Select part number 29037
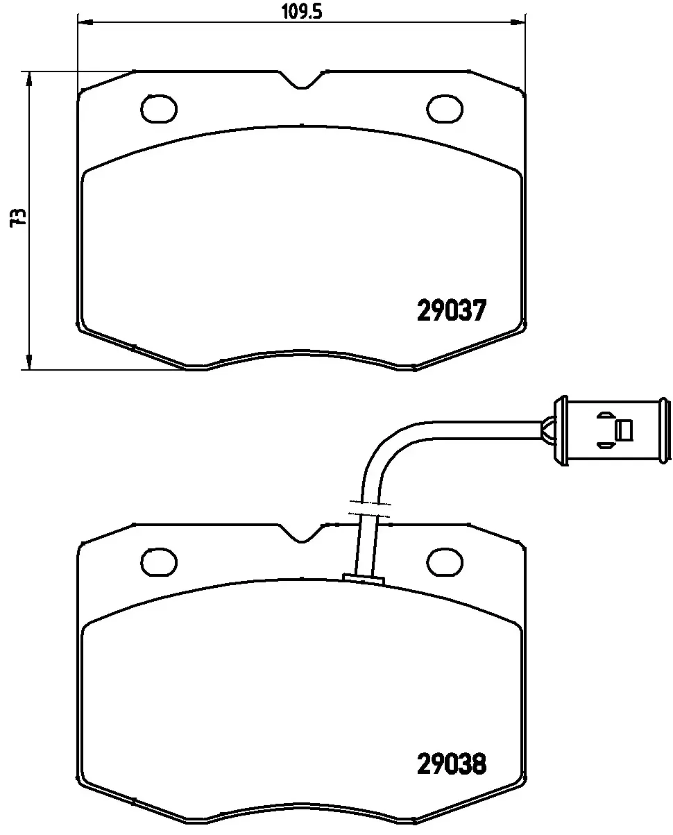click(450, 310)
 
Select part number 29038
click(451, 764)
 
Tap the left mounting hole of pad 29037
click(160, 108)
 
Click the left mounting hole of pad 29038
click(159, 560)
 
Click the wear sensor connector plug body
click(611, 431)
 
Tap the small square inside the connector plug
click(624, 430)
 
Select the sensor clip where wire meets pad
click(364, 577)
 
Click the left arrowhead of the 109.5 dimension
click(83, 22)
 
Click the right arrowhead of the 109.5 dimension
click(519, 22)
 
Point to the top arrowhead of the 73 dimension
click(28, 78)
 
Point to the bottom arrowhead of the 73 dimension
click(28, 362)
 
